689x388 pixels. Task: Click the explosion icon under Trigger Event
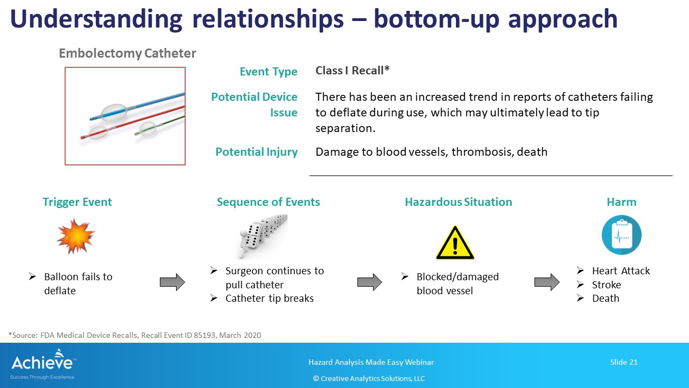[x=76, y=236]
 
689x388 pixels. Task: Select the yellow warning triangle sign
[x=455, y=243]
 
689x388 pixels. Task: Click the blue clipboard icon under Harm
[x=621, y=235]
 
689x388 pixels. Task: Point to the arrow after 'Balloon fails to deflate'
[x=172, y=282]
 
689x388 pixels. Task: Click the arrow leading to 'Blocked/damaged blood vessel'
[x=370, y=282]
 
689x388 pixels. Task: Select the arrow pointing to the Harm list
[x=547, y=282]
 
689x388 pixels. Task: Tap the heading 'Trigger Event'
[x=77, y=202]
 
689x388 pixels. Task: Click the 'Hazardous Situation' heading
[x=458, y=202]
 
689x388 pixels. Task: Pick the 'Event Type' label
[x=268, y=72]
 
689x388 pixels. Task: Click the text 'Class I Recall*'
[x=352, y=71]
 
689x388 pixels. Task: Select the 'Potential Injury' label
[x=256, y=152]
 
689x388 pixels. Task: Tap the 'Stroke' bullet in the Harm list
[x=606, y=285]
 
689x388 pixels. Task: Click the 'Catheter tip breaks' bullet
[x=269, y=299]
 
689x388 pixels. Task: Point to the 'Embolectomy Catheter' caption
[x=127, y=53]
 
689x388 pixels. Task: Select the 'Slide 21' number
[x=623, y=362]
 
